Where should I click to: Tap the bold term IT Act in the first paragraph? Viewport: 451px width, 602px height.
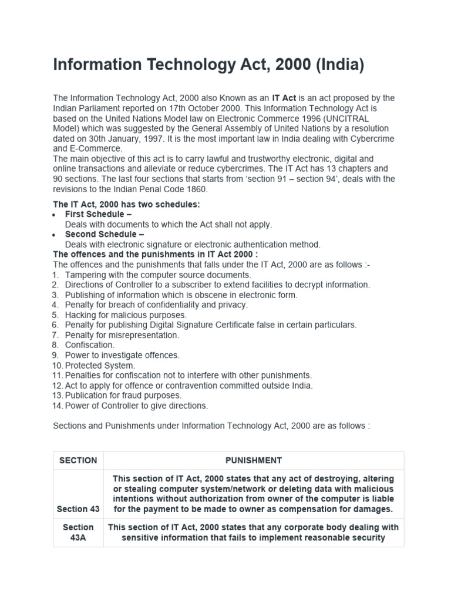pyautogui.click(x=284, y=98)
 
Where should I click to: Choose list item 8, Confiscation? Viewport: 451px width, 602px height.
pyautogui.click(x=90, y=345)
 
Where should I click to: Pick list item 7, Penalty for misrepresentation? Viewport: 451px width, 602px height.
pyautogui.click(x=122, y=335)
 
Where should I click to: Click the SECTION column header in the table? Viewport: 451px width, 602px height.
pyautogui.click(x=78, y=460)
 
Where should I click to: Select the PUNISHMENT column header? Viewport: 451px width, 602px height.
pyautogui.click(x=254, y=460)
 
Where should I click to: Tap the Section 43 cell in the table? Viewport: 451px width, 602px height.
pyautogui.click(x=78, y=509)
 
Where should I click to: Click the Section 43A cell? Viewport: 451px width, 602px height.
pyautogui.click(x=78, y=533)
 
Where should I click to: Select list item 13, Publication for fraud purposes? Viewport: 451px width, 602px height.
pyautogui.click(x=123, y=395)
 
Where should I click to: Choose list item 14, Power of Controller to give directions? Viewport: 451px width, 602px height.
pyautogui.click(x=137, y=405)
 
